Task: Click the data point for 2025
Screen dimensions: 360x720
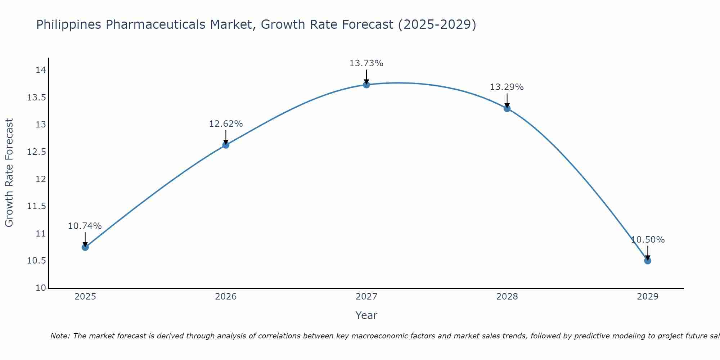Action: [85, 247]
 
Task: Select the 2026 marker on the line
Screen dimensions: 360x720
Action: [226, 145]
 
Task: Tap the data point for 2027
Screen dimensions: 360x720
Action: [366, 85]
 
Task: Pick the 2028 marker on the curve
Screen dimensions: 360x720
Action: [507, 108]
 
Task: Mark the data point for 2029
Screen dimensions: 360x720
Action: [648, 261]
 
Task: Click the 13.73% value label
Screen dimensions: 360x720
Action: [366, 63]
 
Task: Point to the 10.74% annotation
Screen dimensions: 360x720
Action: [85, 226]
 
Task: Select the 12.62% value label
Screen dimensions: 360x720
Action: [226, 124]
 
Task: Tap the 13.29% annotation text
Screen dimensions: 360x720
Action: [507, 87]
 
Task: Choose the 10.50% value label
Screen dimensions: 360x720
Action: [648, 240]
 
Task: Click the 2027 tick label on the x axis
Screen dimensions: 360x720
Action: [366, 297]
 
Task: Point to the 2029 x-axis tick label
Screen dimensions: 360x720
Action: [648, 297]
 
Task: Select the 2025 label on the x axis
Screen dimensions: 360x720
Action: [85, 297]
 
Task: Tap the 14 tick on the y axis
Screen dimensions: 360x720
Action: [41, 70]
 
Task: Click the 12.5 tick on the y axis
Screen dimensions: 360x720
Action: [36, 152]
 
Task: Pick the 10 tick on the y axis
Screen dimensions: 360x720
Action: [41, 288]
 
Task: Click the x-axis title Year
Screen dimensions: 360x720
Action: [366, 315]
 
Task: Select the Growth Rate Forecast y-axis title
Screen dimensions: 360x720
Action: [9, 173]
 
